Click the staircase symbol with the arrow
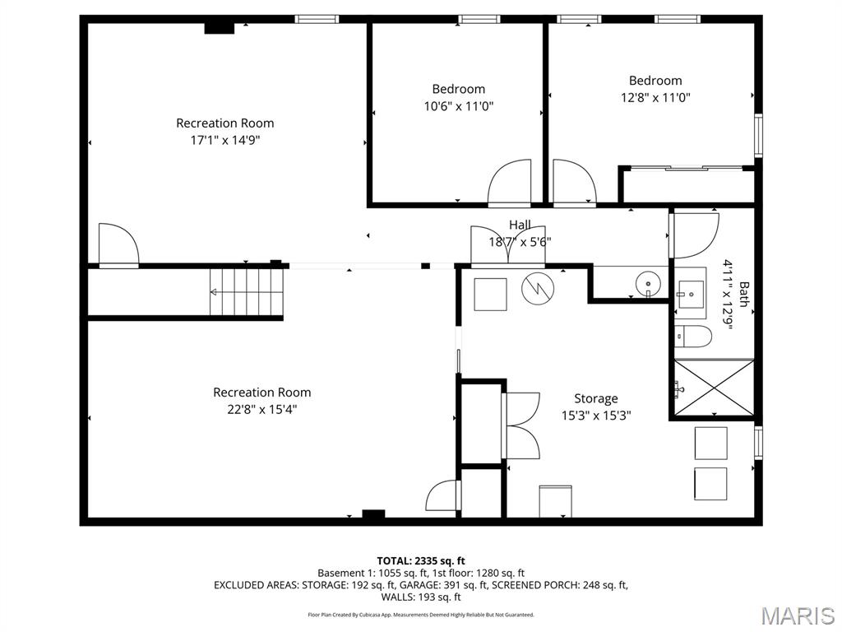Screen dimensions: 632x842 click(x=247, y=292)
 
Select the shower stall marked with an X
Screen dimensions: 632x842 click(x=713, y=388)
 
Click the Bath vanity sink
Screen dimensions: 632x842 click(x=688, y=292)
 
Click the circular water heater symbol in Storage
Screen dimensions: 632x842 click(x=538, y=287)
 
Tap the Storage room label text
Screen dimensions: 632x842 click(x=596, y=399)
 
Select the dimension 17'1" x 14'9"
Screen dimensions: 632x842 click(x=225, y=140)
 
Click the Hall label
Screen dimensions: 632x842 click(x=520, y=225)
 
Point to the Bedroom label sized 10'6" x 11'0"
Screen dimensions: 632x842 click(x=459, y=89)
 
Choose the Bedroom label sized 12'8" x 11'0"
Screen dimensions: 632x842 click(x=655, y=81)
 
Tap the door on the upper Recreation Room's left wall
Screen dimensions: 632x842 click(x=118, y=244)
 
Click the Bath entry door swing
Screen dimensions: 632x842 click(x=695, y=235)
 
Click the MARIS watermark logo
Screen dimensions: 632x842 click(x=797, y=615)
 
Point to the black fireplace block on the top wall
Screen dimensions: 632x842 click(x=219, y=28)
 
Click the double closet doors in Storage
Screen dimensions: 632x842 click(x=521, y=425)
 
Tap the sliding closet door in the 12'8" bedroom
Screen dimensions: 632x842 click(x=687, y=168)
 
